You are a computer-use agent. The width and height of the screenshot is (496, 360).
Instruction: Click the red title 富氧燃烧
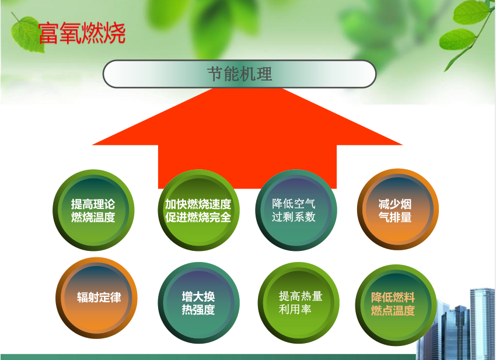tap(82, 33)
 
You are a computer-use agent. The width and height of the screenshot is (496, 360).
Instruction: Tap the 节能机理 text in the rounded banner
tap(239, 74)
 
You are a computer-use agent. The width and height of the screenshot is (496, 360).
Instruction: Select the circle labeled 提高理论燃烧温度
tap(93, 210)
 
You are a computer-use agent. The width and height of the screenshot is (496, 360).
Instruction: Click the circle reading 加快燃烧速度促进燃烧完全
tap(198, 210)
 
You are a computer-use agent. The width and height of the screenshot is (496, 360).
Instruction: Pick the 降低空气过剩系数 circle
tap(296, 210)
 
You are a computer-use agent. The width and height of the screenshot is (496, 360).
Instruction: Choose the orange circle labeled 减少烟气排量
tap(398, 209)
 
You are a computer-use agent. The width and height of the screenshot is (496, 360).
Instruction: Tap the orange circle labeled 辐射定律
tap(96, 298)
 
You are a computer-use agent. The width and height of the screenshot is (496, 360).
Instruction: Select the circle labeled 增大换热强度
tap(198, 303)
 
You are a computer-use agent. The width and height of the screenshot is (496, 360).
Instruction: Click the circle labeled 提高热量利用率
tap(299, 303)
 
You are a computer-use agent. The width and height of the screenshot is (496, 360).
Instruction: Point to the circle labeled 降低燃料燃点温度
tap(396, 305)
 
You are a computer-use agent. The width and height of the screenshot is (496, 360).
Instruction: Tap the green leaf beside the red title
tap(27, 34)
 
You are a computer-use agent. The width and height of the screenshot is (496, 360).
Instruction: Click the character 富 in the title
tap(49, 33)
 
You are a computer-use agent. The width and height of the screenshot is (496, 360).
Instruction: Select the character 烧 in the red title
tap(115, 33)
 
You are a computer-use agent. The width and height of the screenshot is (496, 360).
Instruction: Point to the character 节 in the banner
tap(215, 74)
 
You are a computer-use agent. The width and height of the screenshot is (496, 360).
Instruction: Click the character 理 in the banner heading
tap(264, 74)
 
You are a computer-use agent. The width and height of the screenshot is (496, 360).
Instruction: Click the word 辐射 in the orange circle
tap(88, 298)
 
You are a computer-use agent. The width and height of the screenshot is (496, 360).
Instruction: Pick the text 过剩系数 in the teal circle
tap(294, 217)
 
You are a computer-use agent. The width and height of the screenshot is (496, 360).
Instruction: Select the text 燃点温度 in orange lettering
tap(393, 310)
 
